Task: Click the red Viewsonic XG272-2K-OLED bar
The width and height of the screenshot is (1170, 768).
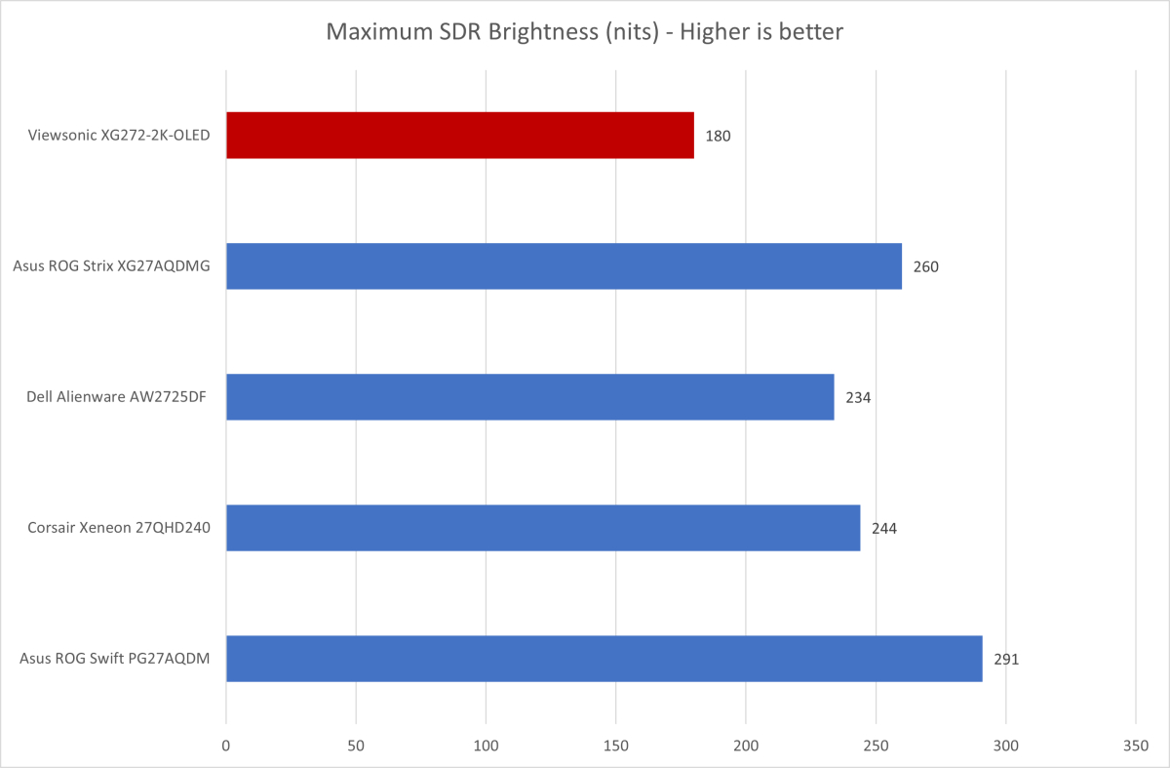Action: pyautogui.click(x=459, y=135)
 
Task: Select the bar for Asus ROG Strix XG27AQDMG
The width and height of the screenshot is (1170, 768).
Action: pyautogui.click(x=564, y=265)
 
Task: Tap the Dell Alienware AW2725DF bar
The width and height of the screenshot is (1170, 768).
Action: pyautogui.click(x=529, y=396)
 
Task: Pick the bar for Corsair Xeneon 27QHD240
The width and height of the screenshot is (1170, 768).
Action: pyautogui.click(x=543, y=528)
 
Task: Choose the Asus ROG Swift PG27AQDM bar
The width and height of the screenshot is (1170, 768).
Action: pyautogui.click(x=604, y=659)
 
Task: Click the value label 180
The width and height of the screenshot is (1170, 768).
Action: pyautogui.click(x=718, y=136)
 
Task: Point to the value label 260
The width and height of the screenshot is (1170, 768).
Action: pyautogui.click(x=925, y=266)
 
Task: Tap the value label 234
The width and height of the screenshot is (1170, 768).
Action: pyautogui.click(x=857, y=397)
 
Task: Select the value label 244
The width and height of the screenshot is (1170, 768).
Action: pyautogui.click(x=883, y=529)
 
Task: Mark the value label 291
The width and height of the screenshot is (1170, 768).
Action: pyautogui.click(x=1006, y=660)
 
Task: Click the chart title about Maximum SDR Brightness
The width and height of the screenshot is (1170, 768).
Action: pyautogui.click(x=584, y=32)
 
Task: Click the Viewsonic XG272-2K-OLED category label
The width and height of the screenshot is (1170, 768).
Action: pyautogui.click(x=119, y=136)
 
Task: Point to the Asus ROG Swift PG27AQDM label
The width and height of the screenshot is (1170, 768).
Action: pyautogui.click(x=114, y=660)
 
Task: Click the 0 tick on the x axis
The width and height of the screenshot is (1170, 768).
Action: pyautogui.click(x=226, y=745)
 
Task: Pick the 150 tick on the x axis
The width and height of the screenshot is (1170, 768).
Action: pyautogui.click(x=616, y=745)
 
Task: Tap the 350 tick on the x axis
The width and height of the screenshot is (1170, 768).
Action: pyautogui.click(x=1136, y=745)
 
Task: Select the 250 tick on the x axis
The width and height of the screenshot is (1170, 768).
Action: pyautogui.click(x=876, y=745)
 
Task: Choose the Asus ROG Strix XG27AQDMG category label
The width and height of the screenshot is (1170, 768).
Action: pyautogui.click(x=112, y=266)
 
